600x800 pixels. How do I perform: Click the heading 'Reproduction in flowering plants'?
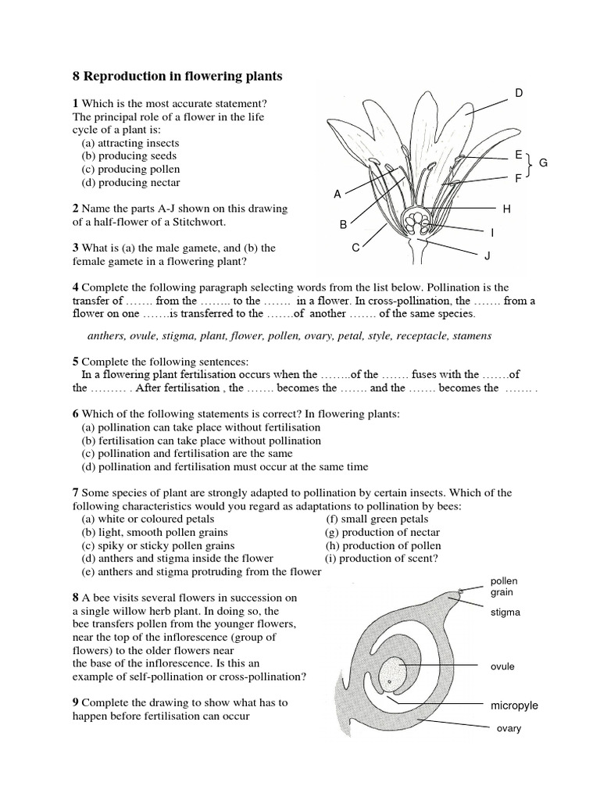(x=183, y=77)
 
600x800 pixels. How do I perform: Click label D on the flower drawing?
(x=518, y=94)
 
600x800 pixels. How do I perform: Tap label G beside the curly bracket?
(x=544, y=162)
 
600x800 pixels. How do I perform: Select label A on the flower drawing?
(x=337, y=195)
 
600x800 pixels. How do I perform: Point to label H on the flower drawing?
(x=506, y=209)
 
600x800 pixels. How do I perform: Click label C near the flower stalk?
(x=355, y=248)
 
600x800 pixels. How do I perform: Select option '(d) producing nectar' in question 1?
(x=130, y=182)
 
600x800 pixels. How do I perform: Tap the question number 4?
(x=76, y=287)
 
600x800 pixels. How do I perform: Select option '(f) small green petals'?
(x=377, y=519)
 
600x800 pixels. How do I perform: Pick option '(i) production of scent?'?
(x=381, y=559)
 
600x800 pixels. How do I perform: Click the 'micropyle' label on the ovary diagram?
(x=514, y=705)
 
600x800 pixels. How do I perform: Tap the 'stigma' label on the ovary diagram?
(x=505, y=612)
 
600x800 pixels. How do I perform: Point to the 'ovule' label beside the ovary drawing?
(x=502, y=666)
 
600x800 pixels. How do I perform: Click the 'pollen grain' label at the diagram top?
(x=504, y=587)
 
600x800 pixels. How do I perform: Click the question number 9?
(x=76, y=702)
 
